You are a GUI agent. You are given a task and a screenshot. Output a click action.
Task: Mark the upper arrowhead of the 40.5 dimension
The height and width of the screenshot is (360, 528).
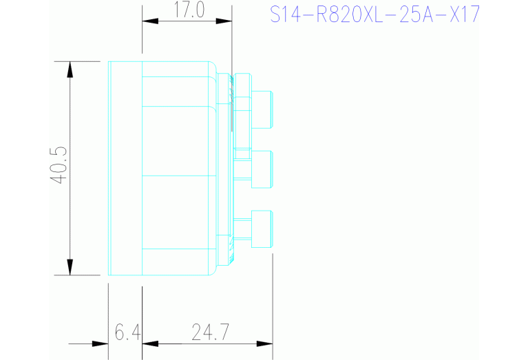coord(70,69)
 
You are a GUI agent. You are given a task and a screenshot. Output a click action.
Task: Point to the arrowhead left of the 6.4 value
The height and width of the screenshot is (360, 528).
coord(101,343)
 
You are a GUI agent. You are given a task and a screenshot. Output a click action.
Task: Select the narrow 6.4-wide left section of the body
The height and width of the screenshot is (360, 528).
coord(126,168)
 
